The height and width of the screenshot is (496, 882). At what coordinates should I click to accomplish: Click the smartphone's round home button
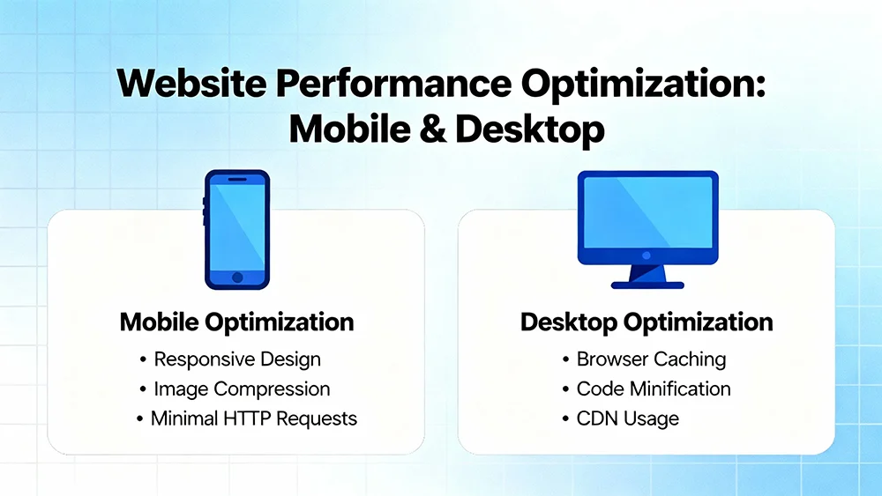(x=237, y=277)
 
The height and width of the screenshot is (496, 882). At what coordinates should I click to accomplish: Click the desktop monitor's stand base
(x=647, y=284)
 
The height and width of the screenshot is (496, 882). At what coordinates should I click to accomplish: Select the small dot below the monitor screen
(x=647, y=255)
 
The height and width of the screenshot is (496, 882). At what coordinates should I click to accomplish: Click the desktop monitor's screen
(x=647, y=211)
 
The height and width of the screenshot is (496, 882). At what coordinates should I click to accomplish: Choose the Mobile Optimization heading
(x=236, y=322)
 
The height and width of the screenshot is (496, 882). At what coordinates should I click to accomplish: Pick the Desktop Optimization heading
(x=647, y=322)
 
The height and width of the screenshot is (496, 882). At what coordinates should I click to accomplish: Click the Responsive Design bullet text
(x=236, y=359)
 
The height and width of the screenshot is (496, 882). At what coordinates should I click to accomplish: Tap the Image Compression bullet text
(x=241, y=389)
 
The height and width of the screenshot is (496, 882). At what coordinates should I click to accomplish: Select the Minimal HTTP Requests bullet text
(x=253, y=418)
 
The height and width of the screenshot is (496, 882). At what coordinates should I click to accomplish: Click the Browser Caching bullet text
(x=651, y=359)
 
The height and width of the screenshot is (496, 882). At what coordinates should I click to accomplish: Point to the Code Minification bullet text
(x=653, y=389)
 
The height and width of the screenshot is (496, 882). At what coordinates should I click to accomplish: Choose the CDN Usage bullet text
(x=628, y=418)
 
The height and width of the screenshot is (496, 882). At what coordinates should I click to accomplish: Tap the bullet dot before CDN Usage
(x=565, y=419)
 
